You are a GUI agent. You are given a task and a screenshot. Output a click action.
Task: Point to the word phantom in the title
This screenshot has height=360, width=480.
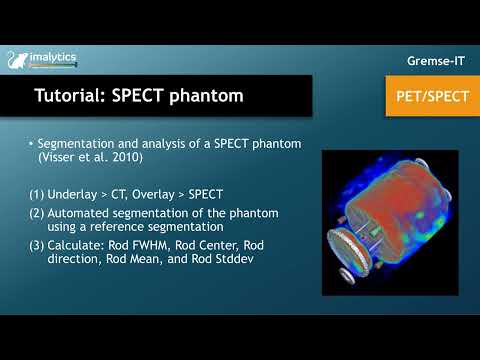pyautogui.click(x=210, y=97)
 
